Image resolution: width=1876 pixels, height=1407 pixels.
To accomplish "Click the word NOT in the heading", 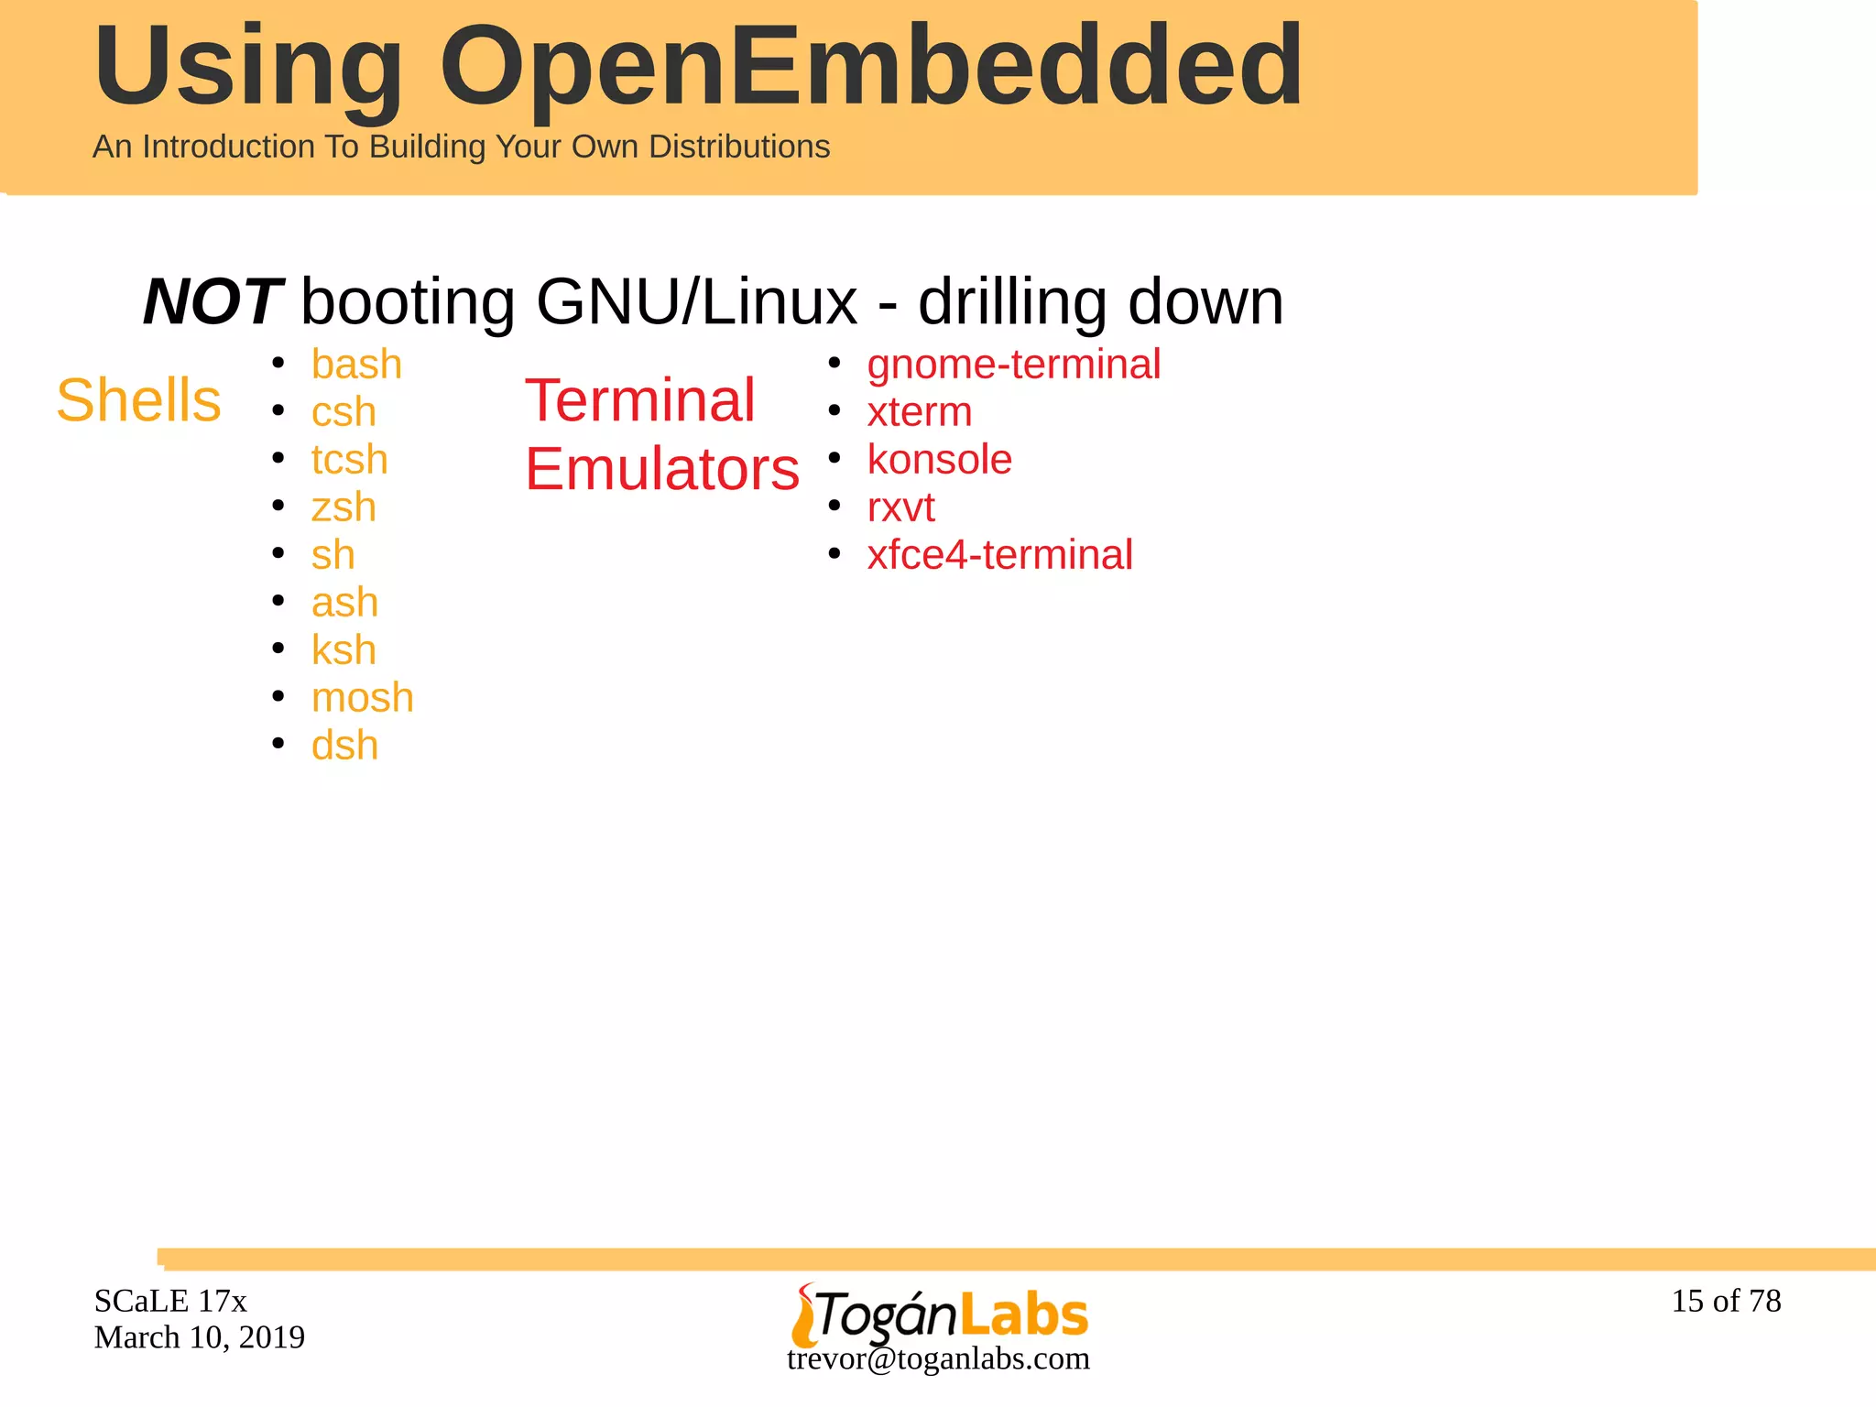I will pos(213,302).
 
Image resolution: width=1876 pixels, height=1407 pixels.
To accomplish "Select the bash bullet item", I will pos(356,365).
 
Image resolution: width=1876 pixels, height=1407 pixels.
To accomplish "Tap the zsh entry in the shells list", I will pos(344,507).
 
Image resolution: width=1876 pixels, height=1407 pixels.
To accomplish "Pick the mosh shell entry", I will pos(362,698).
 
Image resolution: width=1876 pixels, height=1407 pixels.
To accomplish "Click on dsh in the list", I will pos(344,746).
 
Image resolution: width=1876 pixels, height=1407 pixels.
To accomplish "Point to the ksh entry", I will pos(344,650).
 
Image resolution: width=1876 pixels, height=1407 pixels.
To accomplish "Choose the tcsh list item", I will pos(349,460).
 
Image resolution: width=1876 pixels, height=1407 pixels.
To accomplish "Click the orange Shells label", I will pos(138,400).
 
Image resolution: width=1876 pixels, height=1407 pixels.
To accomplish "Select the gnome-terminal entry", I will pos(1013,365).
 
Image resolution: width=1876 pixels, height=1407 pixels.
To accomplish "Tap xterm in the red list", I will pos(919,412).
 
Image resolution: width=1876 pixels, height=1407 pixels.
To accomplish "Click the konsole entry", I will pos(939,460).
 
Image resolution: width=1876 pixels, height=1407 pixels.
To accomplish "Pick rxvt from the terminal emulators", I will pos(900,507).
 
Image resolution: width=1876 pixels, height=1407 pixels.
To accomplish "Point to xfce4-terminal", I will pos(999,555).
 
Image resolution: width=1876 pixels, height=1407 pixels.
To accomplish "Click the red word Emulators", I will pos(661,469).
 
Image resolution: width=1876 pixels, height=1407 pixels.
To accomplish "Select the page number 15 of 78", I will pos(1726,1301).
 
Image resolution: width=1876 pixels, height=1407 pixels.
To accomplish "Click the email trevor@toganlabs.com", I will pos(938,1358).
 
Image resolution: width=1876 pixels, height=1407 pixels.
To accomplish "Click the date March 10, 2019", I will pos(199,1337).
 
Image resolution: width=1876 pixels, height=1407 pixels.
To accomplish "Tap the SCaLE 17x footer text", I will pos(170,1301).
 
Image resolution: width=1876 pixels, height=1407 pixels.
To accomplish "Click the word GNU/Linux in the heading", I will pos(696,302).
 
